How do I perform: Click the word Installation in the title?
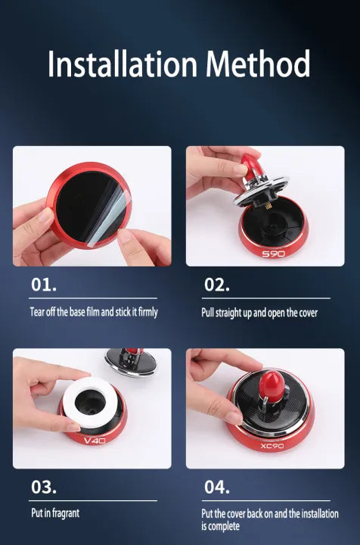tap(120, 64)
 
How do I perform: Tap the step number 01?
tap(44, 286)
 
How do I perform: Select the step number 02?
tap(217, 286)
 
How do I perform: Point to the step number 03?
tap(44, 487)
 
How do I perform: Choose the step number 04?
tap(218, 487)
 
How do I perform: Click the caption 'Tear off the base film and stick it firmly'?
tap(94, 312)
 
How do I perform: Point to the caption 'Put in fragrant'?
tap(55, 513)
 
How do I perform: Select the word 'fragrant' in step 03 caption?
tap(67, 513)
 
